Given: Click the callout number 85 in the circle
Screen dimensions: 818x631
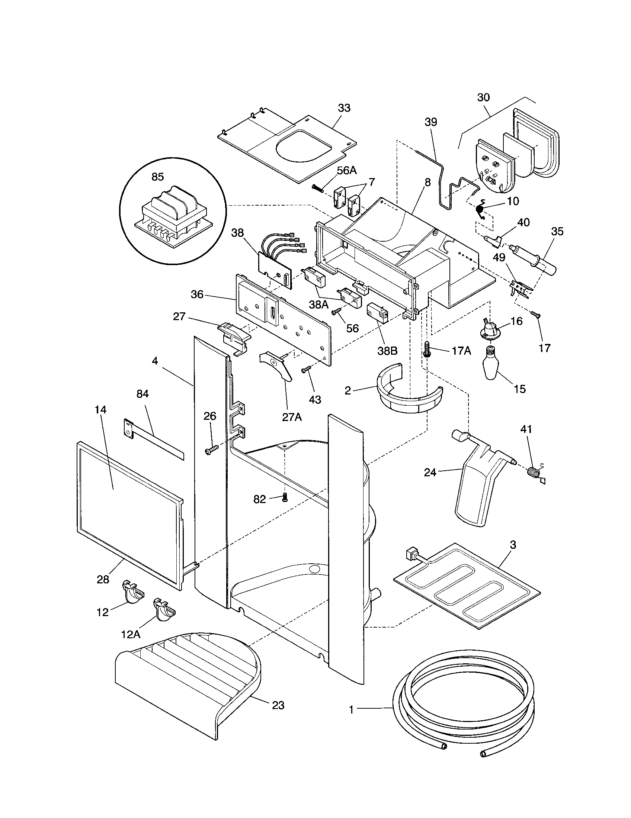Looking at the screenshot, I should [x=158, y=177].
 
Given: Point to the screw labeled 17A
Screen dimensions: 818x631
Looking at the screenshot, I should [x=427, y=349].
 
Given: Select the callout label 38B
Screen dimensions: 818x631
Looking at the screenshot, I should [x=387, y=351].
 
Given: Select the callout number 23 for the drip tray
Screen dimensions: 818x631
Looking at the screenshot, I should [x=278, y=705].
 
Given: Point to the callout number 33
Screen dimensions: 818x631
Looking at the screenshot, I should [x=344, y=108].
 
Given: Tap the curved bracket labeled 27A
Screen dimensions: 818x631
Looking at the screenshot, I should [x=278, y=365].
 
